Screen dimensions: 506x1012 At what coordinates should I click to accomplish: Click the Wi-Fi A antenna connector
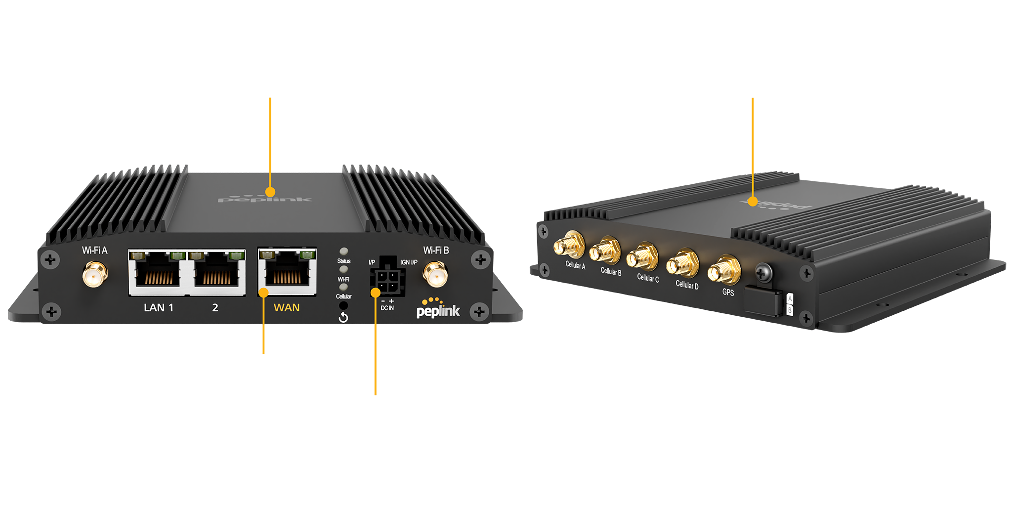tap(95, 275)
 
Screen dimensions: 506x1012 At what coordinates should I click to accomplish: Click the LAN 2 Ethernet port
tap(216, 273)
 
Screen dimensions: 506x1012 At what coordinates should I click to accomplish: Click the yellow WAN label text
tap(287, 308)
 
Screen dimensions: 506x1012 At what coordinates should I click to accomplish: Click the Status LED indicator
tap(344, 252)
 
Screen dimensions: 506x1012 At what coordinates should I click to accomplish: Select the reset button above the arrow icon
tap(343, 306)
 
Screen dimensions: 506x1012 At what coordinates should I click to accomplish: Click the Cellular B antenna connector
tap(605, 252)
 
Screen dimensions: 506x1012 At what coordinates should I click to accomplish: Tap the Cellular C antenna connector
tap(642, 257)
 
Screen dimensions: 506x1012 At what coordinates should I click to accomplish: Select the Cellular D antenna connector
tap(682, 264)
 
